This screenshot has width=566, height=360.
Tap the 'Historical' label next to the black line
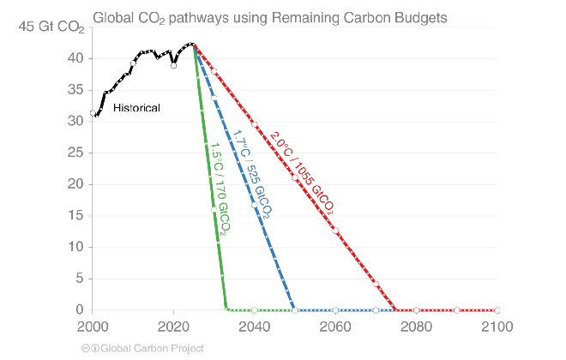tap(137, 108)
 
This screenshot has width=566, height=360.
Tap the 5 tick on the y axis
tap(78, 279)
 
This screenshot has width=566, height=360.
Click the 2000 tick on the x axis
tap(93, 327)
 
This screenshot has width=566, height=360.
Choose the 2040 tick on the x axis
tap(254, 327)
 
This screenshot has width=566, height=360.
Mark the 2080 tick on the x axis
tap(416, 327)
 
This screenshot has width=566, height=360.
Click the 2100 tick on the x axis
tap(497, 327)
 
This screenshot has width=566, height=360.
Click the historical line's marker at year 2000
tap(93, 113)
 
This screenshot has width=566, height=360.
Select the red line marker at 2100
tap(497, 310)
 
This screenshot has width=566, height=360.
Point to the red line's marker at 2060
tap(335, 231)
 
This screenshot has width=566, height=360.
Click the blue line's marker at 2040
tap(255, 205)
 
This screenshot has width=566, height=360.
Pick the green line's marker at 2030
tap(214, 209)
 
